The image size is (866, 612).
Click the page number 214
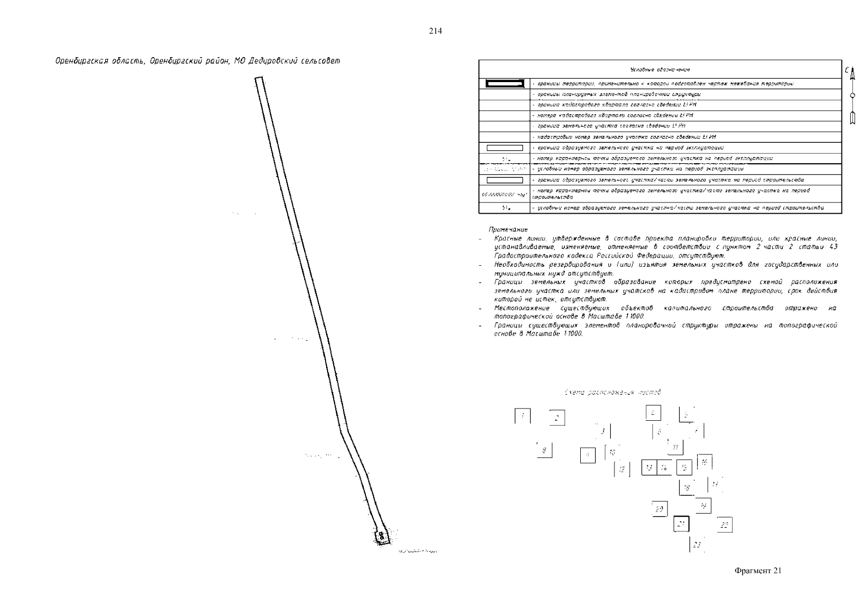(x=435, y=31)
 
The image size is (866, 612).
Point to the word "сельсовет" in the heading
(x=319, y=61)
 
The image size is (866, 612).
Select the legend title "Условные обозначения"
(x=660, y=70)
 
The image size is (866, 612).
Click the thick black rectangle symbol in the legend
(x=505, y=83)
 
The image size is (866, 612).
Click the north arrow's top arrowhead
(x=851, y=72)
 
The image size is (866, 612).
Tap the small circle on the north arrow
(x=851, y=95)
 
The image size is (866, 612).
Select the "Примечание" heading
(x=508, y=229)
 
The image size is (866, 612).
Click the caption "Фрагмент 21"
(x=757, y=571)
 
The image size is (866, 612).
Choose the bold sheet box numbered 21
(x=681, y=524)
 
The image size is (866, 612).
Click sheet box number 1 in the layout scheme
(x=522, y=416)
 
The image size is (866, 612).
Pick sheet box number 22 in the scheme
(x=724, y=525)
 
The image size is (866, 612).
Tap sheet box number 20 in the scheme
(x=659, y=509)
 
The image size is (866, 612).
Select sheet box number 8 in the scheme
(x=544, y=450)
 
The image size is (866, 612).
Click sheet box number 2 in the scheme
(x=557, y=418)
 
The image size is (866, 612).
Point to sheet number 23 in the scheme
(x=697, y=545)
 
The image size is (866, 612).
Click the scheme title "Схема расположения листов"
(x=612, y=392)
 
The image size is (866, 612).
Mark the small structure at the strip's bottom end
(x=381, y=537)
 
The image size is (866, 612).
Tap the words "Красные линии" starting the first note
(x=514, y=239)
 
